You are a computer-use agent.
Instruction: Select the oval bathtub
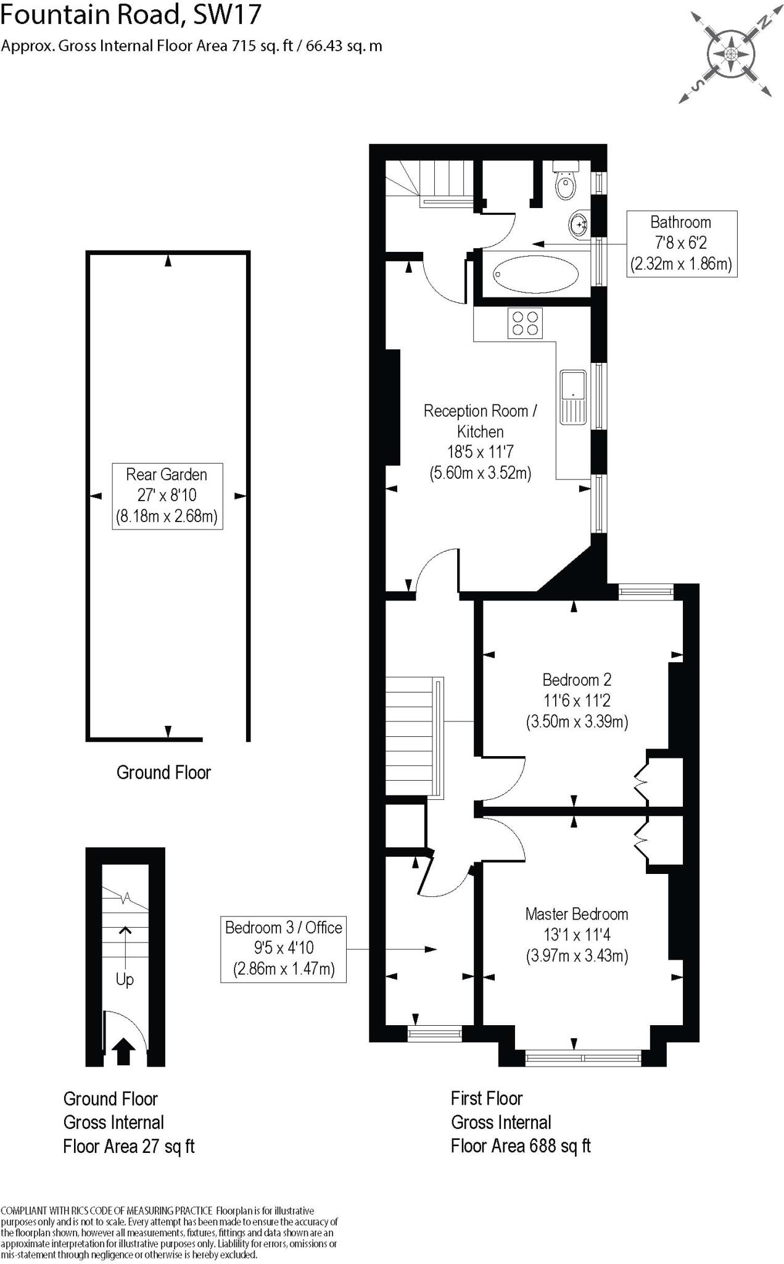536,274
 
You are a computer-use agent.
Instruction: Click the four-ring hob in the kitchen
525,323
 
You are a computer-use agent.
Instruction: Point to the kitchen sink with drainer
573,397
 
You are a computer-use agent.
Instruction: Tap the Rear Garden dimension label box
167,496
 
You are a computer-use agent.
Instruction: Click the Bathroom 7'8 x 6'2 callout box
681,243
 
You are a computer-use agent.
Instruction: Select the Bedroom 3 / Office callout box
283,949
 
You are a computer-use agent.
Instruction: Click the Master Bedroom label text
576,914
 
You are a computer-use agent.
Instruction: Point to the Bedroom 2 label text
576,680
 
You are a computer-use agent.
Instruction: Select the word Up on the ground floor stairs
125,979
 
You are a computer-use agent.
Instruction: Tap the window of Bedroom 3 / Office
435,1033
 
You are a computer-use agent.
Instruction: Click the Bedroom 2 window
646,592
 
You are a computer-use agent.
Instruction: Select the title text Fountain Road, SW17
131,15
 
